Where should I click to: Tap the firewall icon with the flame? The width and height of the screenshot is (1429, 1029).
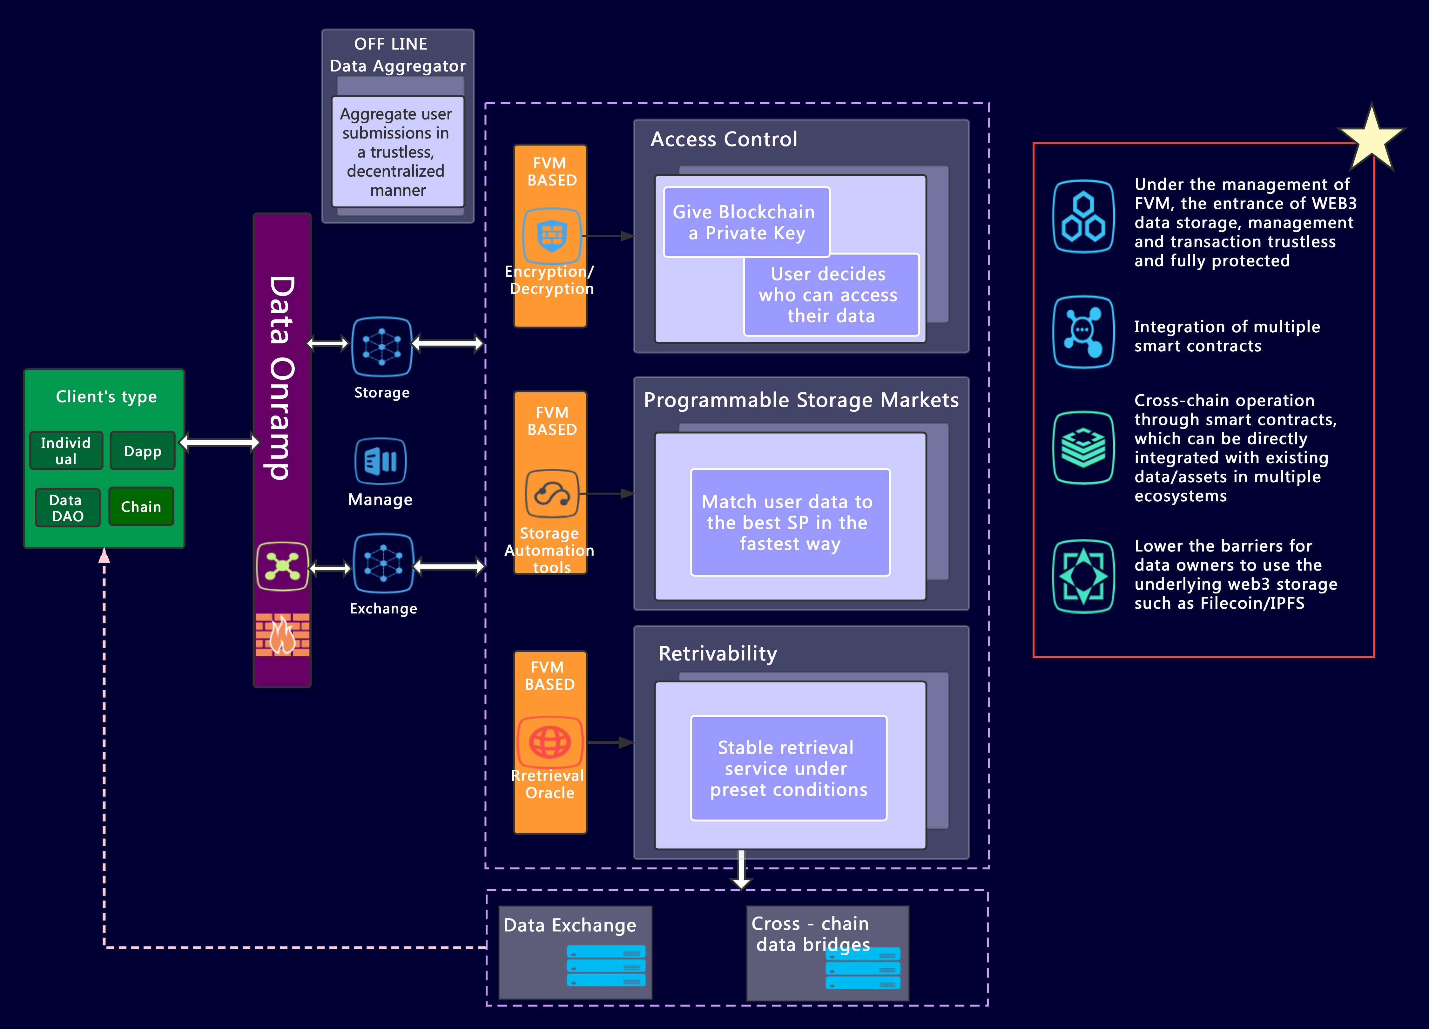pyautogui.click(x=282, y=634)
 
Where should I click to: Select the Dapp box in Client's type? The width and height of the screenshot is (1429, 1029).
pyautogui.click(x=142, y=451)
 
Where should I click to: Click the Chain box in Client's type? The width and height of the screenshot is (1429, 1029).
pyautogui.click(x=141, y=507)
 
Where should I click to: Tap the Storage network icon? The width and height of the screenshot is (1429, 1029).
pyautogui.click(x=382, y=347)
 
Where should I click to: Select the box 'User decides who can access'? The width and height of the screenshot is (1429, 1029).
pyautogui.click(x=830, y=295)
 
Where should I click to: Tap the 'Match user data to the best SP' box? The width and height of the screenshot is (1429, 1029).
pyautogui.click(x=790, y=522)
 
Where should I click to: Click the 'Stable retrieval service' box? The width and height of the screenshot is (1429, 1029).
pyautogui.click(x=788, y=768)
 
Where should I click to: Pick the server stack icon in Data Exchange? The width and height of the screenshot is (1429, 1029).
pyautogui.click(x=606, y=966)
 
